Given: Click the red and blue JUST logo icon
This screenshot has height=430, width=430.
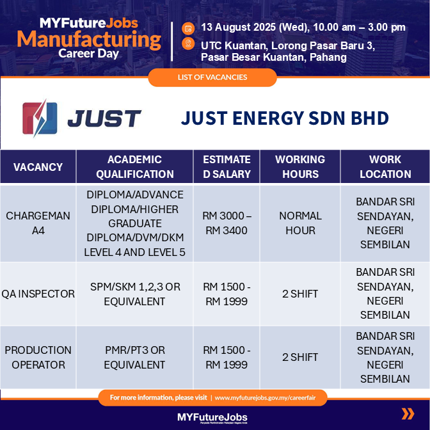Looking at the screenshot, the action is point(40,118).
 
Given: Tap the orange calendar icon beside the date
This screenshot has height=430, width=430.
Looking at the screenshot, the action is point(188,28).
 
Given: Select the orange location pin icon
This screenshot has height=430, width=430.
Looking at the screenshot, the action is point(188,44).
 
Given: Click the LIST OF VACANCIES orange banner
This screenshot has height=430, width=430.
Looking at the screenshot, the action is point(212,77).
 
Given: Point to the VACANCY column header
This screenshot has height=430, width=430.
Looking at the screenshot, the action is point(38,167).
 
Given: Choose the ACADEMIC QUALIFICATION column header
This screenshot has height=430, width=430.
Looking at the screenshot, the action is point(134,167).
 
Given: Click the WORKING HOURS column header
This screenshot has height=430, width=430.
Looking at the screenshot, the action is point(300,167).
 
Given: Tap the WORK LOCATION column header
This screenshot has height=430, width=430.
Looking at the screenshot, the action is point(385,167).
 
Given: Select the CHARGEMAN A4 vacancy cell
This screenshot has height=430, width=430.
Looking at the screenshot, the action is point(38,223).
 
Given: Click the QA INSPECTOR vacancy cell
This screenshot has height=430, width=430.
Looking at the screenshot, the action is point(38,294).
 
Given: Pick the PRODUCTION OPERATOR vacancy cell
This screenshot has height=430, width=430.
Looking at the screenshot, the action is point(38,357).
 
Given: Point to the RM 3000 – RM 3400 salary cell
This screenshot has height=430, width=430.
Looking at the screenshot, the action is point(227,223).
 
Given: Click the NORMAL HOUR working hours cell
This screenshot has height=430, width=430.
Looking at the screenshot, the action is point(300,223).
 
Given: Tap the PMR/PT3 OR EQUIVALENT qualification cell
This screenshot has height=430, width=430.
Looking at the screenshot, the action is point(134,357).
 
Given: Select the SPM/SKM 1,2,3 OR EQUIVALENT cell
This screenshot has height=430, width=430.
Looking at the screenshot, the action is point(134,294).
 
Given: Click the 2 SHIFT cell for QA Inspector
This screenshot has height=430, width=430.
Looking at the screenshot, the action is point(300,294).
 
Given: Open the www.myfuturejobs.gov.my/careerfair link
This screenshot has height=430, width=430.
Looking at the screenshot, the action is point(265,397).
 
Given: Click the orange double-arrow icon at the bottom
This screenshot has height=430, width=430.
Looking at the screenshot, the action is point(408,414).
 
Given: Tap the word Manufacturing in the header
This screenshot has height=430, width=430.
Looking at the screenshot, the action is point(89,39).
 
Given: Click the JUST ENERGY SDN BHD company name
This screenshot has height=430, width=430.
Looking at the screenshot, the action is point(285,118).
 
